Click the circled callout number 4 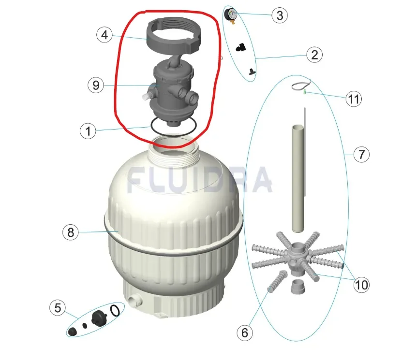[x=104, y=35]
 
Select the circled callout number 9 [x=96, y=85]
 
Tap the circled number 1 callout [x=88, y=131]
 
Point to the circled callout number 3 [x=280, y=15]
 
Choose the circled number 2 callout [x=314, y=55]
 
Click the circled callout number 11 [x=354, y=99]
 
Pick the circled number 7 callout [x=361, y=155]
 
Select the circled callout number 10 [x=361, y=285]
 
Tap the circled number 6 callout [x=245, y=333]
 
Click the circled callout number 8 [x=71, y=232]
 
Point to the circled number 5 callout [x=58, y=307]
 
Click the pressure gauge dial [x=231, y=14]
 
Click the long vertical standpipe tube [x=298, y=178]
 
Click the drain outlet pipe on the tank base [x=134, y=300]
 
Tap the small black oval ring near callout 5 [x=115, y=311]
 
